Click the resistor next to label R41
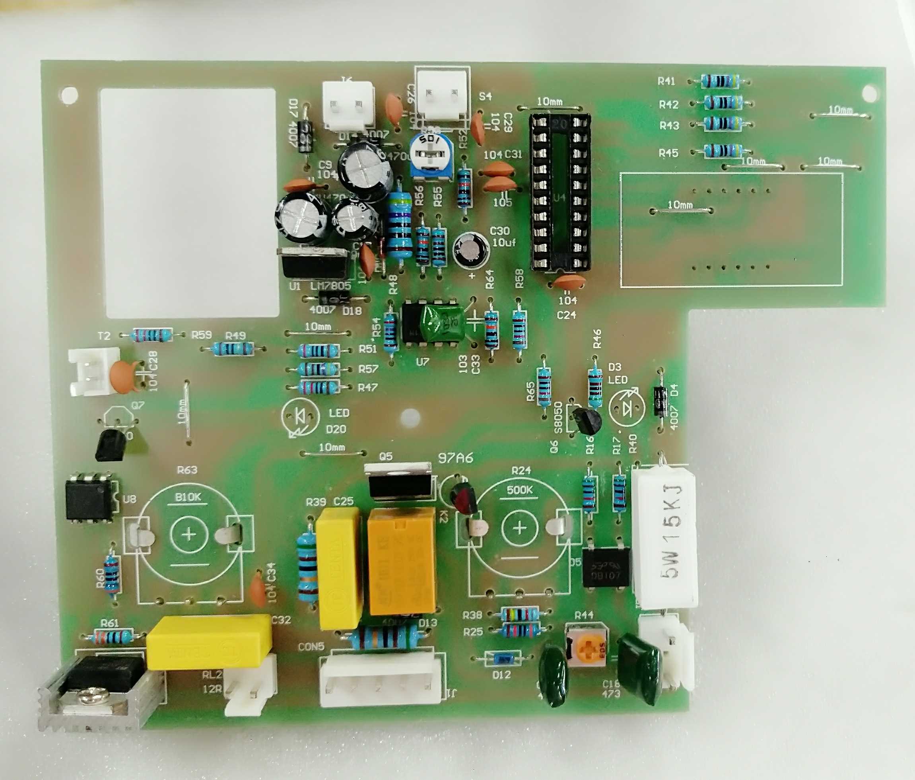coord(720,81)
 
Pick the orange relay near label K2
coord(401,561)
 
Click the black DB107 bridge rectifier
coord(606,568)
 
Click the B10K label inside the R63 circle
coord(188,497)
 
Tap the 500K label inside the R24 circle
coord(519,490)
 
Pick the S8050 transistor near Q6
coord(586,420)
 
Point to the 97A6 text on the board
coord(455,458)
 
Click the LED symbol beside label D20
coord(300,417)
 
